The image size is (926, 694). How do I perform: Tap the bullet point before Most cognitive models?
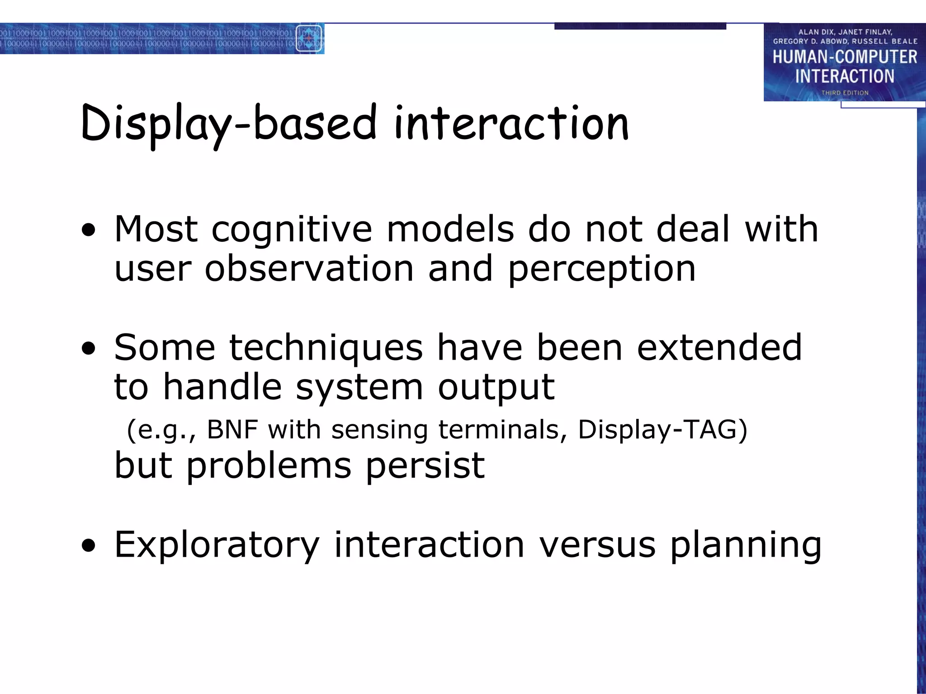(89, 230)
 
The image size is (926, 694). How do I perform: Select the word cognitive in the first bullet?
(292, 230)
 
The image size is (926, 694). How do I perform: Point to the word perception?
(601, 269)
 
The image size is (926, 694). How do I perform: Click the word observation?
(309, 268)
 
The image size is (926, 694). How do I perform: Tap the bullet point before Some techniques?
(89, 348)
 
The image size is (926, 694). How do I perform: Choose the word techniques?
(326, 348)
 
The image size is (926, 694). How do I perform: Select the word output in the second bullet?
(496, 388)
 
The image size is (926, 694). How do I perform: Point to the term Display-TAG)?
(662, 429)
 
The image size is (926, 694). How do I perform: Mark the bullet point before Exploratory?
(89, 545)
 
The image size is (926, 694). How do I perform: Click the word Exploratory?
(217, 545)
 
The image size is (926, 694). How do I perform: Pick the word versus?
(597, 545)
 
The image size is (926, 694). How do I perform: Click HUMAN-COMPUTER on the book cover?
(845, 57)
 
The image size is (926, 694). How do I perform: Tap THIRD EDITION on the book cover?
(845, 93)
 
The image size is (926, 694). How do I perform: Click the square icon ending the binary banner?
(309, 39)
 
